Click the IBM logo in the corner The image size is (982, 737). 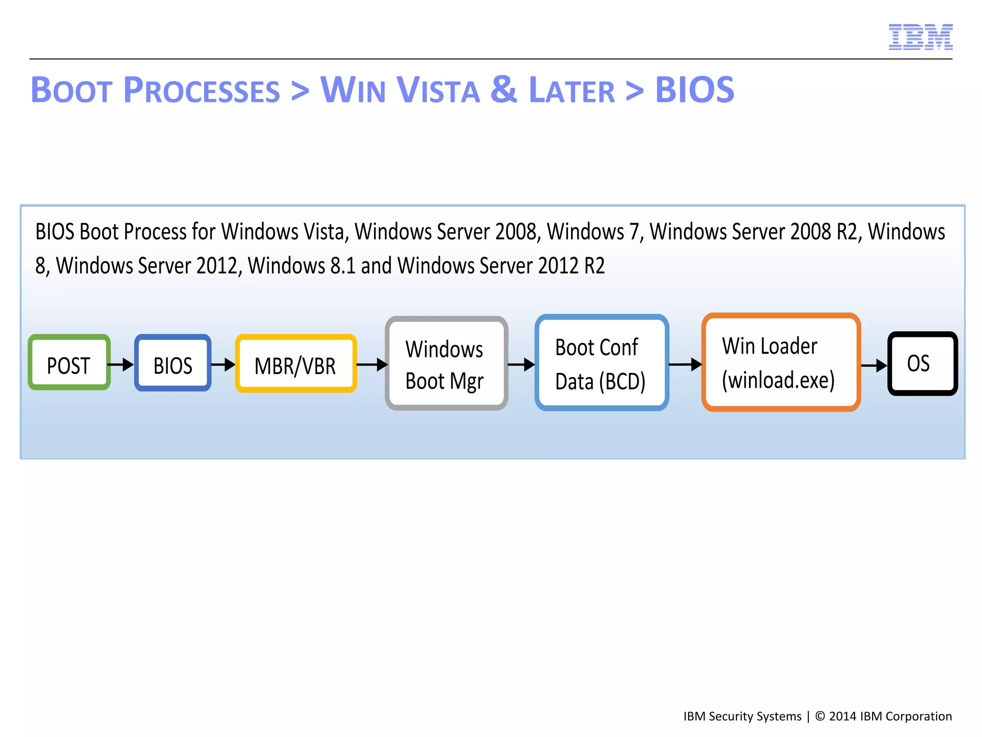pyautogui.click(x=920, y=37)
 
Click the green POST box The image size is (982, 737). pyautogui.click(x=70, y=363)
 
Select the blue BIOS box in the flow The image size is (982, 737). pyautogui.click(x=173, y=363)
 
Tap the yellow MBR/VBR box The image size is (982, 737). pyautogui.click(x=296, y=364)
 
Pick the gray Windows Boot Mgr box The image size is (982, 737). pyautogui.click(x=446, y=363)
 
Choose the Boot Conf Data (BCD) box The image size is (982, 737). pyautogui.click(x=602, y=363)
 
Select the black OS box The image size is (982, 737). pyautogui.click(x=923, y=364)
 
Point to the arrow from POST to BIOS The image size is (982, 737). pyautogui.click(x=121, y=365)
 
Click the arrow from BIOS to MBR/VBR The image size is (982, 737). pyautogui.click(x=223, y=365)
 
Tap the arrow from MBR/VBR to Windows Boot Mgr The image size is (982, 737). pyautogui.click(x=372, y=365)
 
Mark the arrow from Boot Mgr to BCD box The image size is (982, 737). pyautogui.click(x=522, y=365)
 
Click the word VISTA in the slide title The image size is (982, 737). pyautogui.click(x=438, y=90)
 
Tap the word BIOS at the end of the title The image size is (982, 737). pyautogui.click(x=694, y=90)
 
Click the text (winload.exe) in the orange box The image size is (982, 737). pyautogui.click(x=778, y=380)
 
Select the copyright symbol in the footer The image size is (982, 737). pyautogui.click(x=820, y=716)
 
